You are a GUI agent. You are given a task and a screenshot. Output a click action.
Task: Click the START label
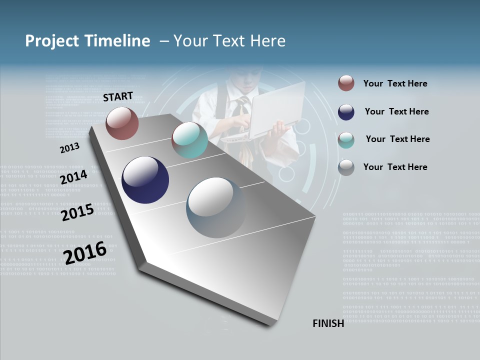(x=118, y=96)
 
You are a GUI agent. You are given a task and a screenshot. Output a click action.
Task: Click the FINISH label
(x=328, y=323)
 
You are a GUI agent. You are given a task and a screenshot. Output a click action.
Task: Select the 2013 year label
(x=69, y=148)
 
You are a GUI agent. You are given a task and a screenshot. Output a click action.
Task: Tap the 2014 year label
(x=73, y=177)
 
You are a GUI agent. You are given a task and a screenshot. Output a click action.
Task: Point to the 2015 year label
(x=77, y=212)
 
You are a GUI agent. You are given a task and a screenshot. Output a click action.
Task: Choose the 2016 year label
(x=85, y=252)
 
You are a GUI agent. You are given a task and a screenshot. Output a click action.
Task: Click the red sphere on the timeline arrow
(x=122, y=123)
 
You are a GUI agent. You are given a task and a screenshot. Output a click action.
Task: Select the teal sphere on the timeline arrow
(x=189, y=140)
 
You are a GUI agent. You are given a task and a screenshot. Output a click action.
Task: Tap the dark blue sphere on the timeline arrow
(x=145, y=180)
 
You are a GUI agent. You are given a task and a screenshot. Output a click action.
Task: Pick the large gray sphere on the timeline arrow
(x=216, y=207)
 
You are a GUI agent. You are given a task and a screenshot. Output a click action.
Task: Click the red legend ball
(x=346, y=83)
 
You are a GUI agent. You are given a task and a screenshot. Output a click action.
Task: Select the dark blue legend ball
(x=346, y=112)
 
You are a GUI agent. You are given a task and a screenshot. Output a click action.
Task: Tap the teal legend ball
(x=346, y=139)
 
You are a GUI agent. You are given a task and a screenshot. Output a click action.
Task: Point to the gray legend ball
(x=346, y=167)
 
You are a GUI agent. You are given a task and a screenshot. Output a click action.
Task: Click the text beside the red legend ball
(x=395, y=83)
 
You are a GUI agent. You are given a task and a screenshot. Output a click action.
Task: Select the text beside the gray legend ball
(x=395, y=167)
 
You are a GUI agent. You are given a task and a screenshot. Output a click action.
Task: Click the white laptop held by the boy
(x=276, y=110)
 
